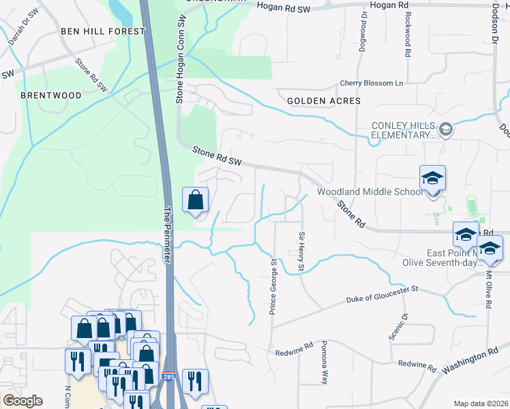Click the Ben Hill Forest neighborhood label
click(103, 31)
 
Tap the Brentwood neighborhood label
click(50, 95)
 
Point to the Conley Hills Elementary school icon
click(446, 129)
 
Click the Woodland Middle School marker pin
click(432, 179)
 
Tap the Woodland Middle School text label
click(370, 192)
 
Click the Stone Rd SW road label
click(217, 156)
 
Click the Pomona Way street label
click(325, 363)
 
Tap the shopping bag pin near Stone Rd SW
click(195, 200)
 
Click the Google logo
click(22, 401)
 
